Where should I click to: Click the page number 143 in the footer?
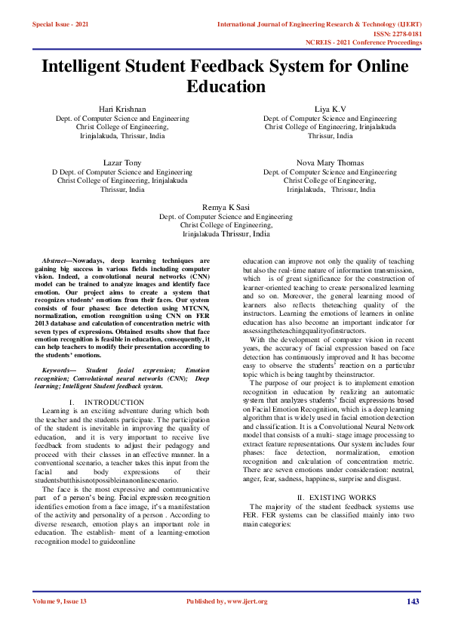pyautogui.click(x=412, y=601)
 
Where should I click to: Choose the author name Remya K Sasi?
pyautogui.click(x=226, y=206)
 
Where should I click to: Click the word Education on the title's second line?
pyautogui.click(x=224, y=86)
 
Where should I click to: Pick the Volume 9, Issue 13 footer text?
pyautogui.click(x=60, y=601)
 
